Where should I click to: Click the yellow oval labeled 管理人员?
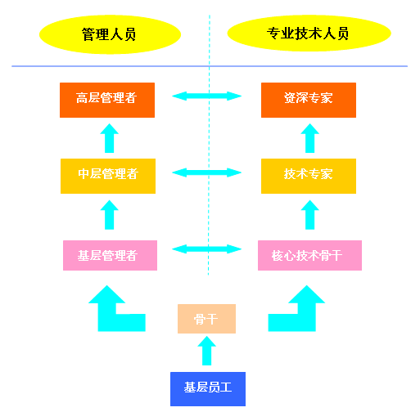110,34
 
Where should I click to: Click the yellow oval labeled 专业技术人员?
308,34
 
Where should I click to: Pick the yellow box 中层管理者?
108,175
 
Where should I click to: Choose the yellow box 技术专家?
309,175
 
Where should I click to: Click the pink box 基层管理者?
108,255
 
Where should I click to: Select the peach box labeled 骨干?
206,319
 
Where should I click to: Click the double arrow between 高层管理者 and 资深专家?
207,96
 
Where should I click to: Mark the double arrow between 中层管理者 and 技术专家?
207,172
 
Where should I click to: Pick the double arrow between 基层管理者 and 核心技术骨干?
207,249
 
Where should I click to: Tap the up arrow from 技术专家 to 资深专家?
309,138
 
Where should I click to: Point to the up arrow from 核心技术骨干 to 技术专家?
309,215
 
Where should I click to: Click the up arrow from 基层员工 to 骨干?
207,351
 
